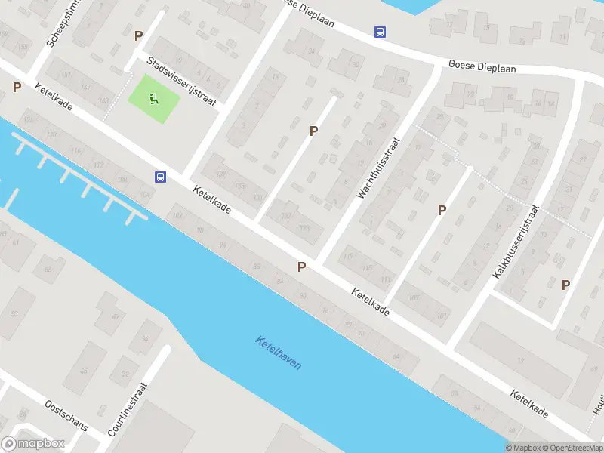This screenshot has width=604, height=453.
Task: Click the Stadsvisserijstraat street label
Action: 182,82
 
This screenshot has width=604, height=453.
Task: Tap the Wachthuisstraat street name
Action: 382,163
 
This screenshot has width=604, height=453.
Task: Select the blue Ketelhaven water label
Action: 279,353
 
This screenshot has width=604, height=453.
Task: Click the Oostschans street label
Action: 66,415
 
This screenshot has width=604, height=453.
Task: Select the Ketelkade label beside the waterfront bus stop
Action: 211,199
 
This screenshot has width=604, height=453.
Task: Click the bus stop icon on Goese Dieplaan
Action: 380,32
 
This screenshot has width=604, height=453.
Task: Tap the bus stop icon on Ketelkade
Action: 160,177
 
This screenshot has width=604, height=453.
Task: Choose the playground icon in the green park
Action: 155,98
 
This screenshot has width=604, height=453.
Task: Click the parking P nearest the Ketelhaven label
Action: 302,267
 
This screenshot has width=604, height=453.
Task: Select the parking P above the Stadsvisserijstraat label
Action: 138,35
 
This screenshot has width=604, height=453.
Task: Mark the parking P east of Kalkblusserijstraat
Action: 565,285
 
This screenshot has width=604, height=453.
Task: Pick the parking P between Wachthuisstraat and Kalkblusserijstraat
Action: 442,211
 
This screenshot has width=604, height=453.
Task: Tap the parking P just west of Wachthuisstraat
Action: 313,131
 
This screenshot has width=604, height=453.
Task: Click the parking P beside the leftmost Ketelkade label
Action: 17,87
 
